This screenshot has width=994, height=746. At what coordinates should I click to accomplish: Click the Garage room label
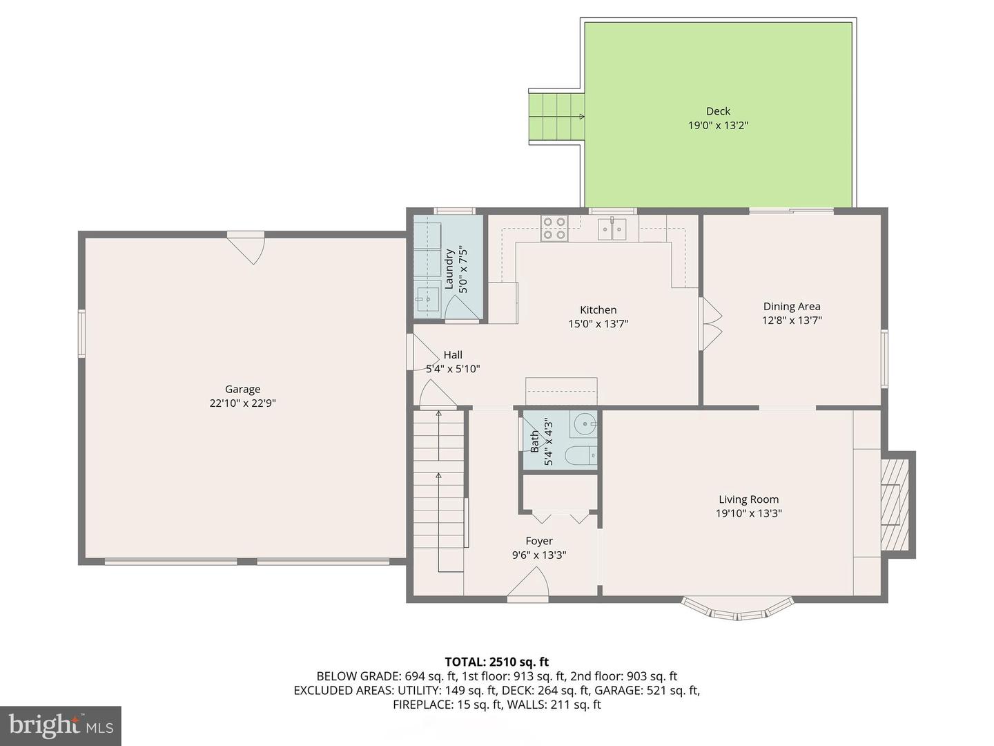click(242, 389)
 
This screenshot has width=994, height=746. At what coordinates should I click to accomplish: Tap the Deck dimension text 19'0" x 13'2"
click(718, 126)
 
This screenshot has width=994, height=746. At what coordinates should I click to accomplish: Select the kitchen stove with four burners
click(554, 228)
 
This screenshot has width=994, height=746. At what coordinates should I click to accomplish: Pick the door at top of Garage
click(246, 245)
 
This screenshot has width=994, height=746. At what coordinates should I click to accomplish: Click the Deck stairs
click(556, 116)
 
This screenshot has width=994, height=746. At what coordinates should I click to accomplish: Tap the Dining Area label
click(792, 307)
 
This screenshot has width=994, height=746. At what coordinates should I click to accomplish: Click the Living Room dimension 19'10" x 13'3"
click(748, 513)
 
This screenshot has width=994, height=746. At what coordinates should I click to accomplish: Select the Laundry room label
click(449, 269)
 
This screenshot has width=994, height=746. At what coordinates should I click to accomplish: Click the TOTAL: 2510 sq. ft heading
click(496, 662)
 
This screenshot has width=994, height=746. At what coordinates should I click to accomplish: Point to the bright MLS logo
click(60, 725)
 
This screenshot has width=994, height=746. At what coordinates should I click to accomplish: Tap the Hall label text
click(453, 355)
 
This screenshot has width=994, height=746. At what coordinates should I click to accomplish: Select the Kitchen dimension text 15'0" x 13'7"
click(598, 324)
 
